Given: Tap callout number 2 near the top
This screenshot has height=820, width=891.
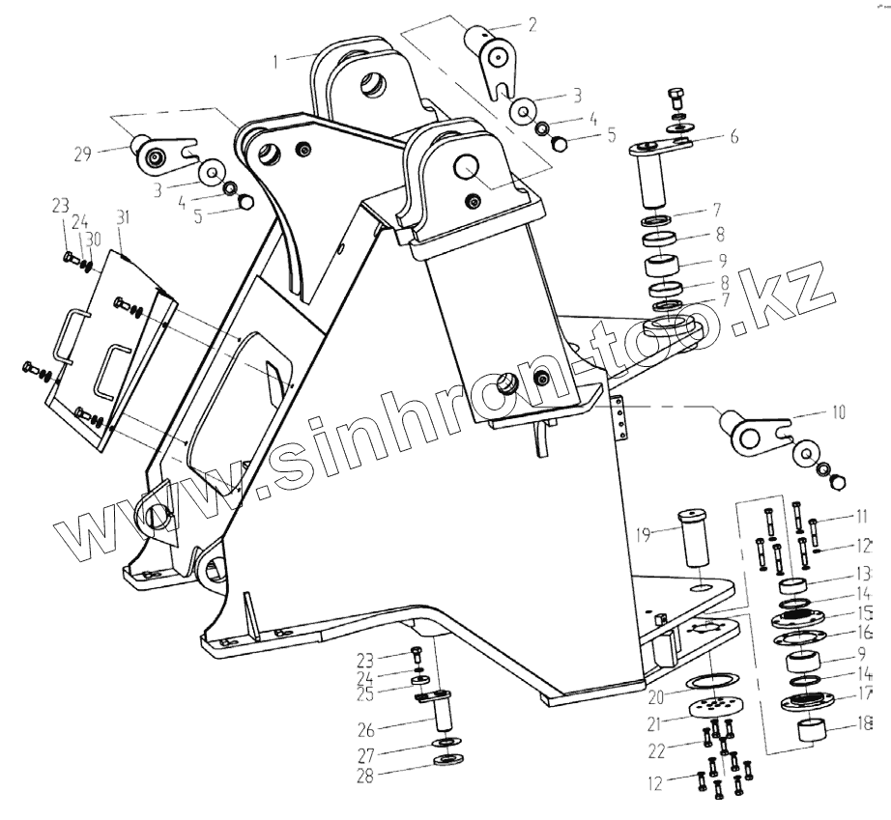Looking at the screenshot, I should click(x=531, y=26).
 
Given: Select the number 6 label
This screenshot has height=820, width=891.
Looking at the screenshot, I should click(x=734, y=136).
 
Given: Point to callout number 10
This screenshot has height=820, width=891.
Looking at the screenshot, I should click(x=837, y=412).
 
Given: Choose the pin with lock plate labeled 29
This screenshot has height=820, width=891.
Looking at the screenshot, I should click(x=165, y=152).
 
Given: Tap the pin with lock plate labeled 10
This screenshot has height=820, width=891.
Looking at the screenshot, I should click(x=761, y=429).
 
